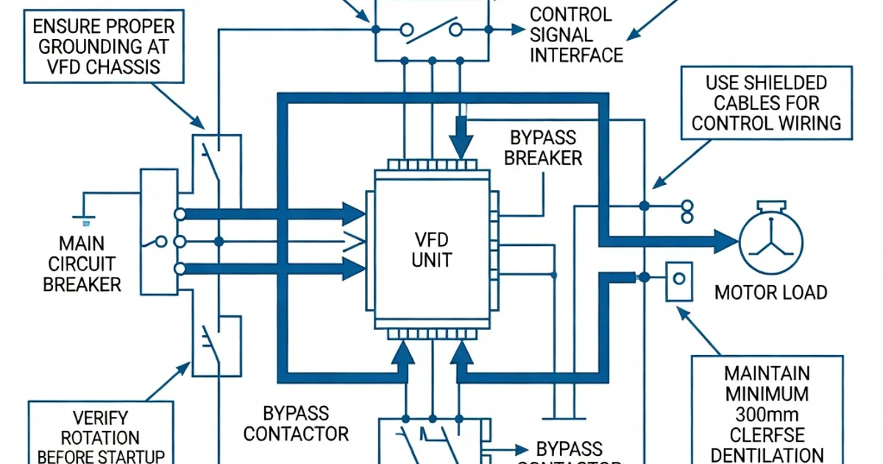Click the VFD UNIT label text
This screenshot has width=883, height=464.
[x=432, y=250]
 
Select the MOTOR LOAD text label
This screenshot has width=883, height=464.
[x=770, y=292]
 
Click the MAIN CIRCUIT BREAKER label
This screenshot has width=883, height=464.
[x=82, y=263]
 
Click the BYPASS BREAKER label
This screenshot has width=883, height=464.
[x=543, y=148]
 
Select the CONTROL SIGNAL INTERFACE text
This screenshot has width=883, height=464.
[x=576, y=34]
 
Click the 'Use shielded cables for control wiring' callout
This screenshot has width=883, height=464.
[x=766, y=102]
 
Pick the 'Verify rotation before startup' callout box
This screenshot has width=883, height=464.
[x=101, y=435]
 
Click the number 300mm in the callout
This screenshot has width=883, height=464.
[x=765, y=414]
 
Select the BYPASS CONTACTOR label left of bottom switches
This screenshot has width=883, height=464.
[x=295, y=423]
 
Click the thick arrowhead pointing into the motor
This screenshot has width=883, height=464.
[x=724, y=240]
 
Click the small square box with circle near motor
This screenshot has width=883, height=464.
[x=678, y=281]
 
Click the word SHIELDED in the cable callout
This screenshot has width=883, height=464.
[x=786, y=82]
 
